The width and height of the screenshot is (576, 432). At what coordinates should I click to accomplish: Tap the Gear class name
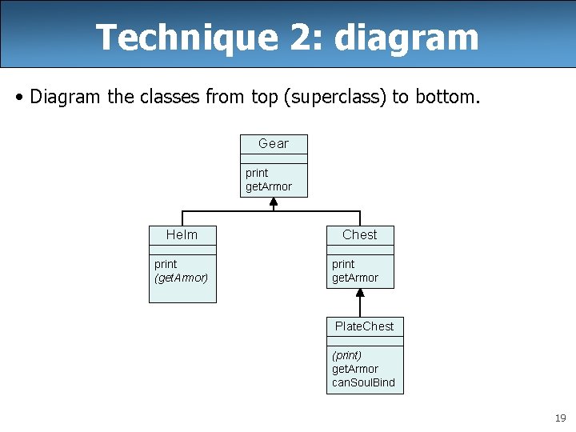(x=274, y=144)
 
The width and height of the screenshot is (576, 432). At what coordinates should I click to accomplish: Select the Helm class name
(x=182, y=235)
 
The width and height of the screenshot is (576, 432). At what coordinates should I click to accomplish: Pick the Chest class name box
(x=360, y=235)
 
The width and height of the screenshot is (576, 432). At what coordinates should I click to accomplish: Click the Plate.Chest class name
(x=364, y=326)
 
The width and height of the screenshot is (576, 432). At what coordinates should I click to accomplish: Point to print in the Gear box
(x=257, y=173)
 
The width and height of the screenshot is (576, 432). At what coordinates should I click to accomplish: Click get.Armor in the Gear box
(x=269, y=186)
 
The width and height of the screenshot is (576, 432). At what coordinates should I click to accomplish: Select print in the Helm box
(x=166, y=264)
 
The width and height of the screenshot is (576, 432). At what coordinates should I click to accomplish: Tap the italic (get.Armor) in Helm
(x=181, y=278)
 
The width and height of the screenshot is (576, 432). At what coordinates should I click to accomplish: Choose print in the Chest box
(x=343, y=264)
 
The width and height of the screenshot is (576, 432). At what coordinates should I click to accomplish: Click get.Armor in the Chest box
(x=355, y=278)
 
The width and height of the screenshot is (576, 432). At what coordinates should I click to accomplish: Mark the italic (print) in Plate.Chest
(x=347, y=355)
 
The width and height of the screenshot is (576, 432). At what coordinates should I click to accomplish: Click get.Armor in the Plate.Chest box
(x=355, y=369)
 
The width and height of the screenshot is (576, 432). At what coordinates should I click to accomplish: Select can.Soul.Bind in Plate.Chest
(x=363, y=382)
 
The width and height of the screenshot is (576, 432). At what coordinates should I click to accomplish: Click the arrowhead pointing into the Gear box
(x=274, y=203)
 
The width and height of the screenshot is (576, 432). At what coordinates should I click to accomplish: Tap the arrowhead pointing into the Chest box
(x=360, y=294)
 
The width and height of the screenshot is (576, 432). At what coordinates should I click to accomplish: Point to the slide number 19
(x=560, y=418)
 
